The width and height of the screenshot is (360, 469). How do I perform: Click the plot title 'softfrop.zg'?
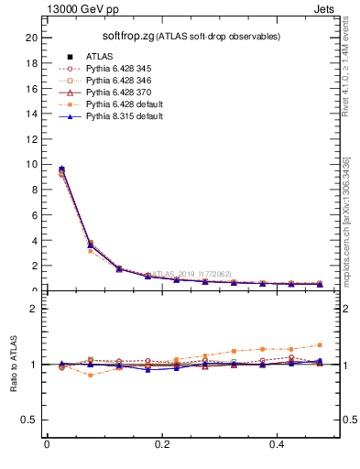[x=126, y=36]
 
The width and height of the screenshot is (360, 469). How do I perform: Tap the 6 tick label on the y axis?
[x=34, y=215]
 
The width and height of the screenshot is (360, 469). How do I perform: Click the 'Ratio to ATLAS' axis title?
[x=14, y=364]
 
